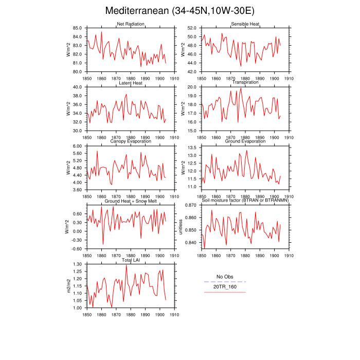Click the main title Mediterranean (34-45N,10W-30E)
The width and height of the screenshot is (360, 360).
click(179, 11)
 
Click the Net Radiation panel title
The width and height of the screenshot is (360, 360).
click(130, 24)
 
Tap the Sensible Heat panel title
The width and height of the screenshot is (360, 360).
click(245, 24)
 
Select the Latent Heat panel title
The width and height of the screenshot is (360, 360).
click(130, 83)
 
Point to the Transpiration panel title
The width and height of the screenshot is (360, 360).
click(245, 83)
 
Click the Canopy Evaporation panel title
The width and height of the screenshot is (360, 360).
click(130, 142)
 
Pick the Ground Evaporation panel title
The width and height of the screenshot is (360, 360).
click(245, 142)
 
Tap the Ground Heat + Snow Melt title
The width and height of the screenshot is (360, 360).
click(130, 201)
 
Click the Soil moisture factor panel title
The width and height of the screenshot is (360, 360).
click(245, 201)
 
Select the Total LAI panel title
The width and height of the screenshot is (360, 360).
click(130, 260)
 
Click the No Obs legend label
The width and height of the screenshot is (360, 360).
click(225, 277)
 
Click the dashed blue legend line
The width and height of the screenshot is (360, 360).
click(225, 282)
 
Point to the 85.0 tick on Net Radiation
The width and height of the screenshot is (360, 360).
click(78, 28)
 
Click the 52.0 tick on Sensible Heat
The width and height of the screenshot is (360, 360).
click(193, 28)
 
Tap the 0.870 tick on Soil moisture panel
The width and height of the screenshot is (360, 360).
click(191, 205)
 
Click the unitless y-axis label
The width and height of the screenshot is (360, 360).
click(181, 227)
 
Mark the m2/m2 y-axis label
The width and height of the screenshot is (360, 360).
click(68, 286)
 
